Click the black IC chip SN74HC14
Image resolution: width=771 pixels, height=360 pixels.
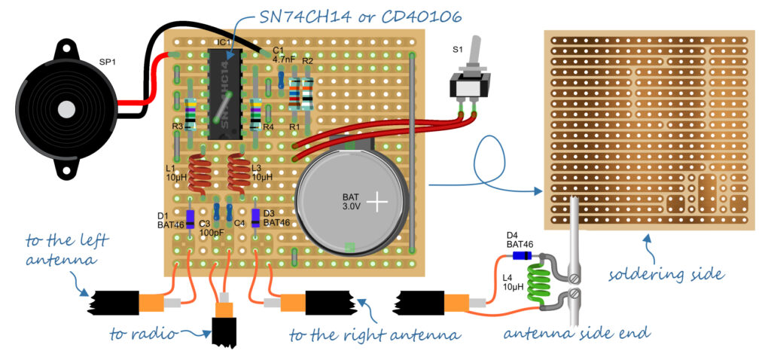(x=224, y=94)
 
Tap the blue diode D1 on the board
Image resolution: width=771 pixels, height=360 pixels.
(x=190, y=218)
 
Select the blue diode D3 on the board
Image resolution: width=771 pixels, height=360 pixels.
(x=256, y=218)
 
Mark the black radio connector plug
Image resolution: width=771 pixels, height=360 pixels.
(x=224, y=329)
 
